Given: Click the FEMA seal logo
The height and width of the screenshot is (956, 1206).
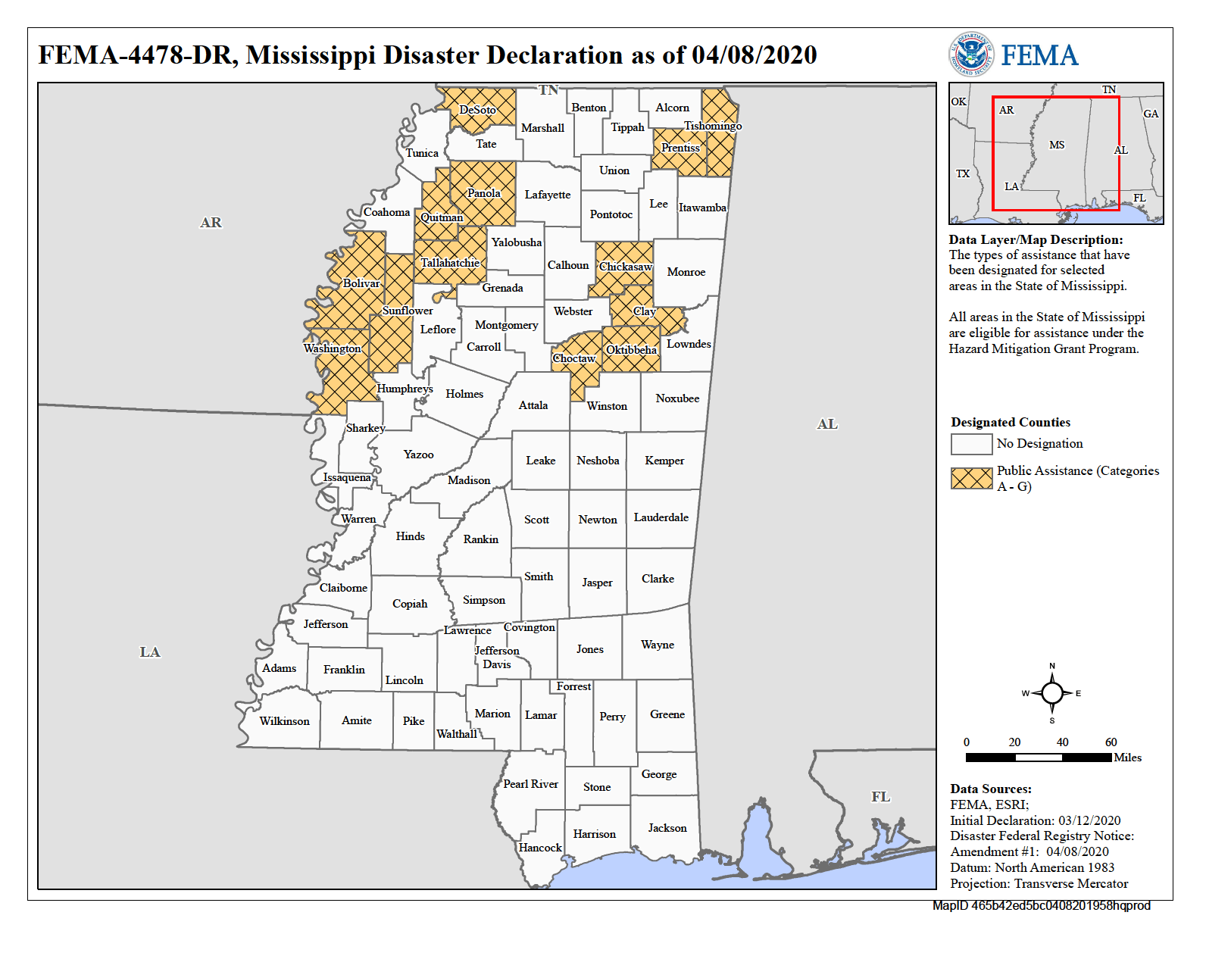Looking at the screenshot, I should pyautogui.click(x=971, y=55).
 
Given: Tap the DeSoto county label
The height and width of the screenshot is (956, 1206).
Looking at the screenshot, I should pyautogui.click(x=478, y=110).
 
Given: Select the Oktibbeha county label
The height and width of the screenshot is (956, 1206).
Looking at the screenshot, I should pyautogui.click(x=631, y=350).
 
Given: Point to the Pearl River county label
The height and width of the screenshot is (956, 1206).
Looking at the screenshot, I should pyautogui.click(x=530, y=784).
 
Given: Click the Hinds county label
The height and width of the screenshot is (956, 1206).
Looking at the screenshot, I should pyautogui.click(x=410, y=536).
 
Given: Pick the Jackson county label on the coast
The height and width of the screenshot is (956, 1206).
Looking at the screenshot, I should pyautogui.click(x=667, y=828).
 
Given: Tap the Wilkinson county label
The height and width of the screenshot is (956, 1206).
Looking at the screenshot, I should pyautogui.click(x=284, y=721).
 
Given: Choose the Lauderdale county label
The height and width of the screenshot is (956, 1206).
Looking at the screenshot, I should pyautogui.click(x=661, y=517).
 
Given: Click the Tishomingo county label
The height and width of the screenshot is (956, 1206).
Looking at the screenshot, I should pyautogui.click(x=712, y=126).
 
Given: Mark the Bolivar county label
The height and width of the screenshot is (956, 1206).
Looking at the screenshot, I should pyautogui.click(x=361, y=283).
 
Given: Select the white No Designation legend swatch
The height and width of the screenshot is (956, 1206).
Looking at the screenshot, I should pyautogui.click(x=971, y=444).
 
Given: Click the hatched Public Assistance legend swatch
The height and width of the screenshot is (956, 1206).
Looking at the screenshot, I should pyautogui.click(x=971, y=478).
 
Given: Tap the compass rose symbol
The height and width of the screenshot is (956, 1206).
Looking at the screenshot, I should pyautogui.click(x=1051, y=693).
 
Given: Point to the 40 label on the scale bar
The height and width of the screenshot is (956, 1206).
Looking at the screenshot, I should pyautogui.click(x=1062, y=742).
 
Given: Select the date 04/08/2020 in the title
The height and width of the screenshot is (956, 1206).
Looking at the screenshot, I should pyautogui.click(x=754, y=55).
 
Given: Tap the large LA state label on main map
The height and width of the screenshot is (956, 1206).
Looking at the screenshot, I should pyautogui.click(x=150, y=652).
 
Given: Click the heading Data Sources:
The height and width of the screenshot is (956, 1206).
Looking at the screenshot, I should pyautogui.click(x=990, y=789).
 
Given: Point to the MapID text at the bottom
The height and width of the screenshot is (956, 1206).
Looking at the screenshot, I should pyautogui.click(x=1041, y=906).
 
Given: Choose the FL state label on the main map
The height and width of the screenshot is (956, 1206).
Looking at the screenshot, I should pyautogui.click(x=880, y=797).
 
